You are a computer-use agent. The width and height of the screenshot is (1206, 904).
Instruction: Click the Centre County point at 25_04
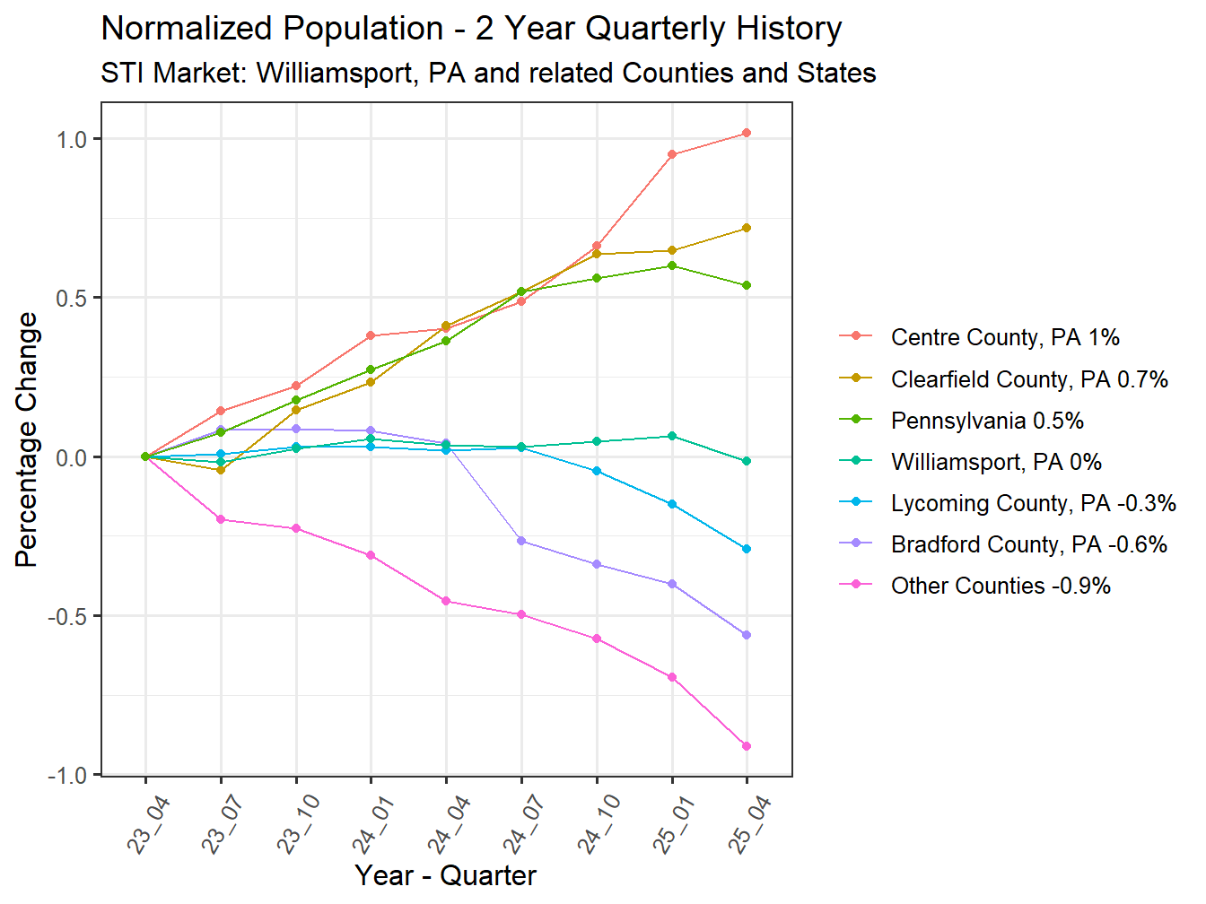pyautogui.click(x=747, y=134)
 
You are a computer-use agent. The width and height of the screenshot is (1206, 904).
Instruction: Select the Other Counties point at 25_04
pyautogui.click(x=747, y=746)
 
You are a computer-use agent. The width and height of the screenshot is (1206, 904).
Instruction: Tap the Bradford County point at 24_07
pyautogui.click(x=521, y=541)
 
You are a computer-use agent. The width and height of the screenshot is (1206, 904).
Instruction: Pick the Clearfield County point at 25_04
pyautogui.click(x=747, y=229)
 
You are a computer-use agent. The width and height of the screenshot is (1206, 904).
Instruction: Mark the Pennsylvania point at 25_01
pyautogui.click(x=672, y=265)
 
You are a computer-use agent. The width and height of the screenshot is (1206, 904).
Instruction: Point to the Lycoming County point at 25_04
pyautogui.click(x=747, y=549)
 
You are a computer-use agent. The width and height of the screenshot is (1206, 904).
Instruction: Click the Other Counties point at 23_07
pyautogui.click(x=221, y=519)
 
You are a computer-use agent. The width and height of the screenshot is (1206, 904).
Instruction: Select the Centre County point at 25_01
pyautogui.click(x=672, y=154)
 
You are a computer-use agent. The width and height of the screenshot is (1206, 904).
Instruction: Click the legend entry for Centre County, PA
pyautogui.click(x=1004, y=337)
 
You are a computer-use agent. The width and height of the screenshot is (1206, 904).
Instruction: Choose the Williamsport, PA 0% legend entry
pyautogui.click(x=995, y=462)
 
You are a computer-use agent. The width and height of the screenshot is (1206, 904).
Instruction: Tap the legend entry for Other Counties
pyautogui.click(x=1000, y=586)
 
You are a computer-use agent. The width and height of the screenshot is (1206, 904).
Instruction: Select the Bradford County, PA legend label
pyautogui.click(x=1028, y=544)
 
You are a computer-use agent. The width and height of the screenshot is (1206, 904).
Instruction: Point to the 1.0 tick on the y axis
pyautogui.click(x=71, y=140)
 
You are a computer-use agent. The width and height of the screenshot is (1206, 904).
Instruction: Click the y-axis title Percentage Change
pyautogui.click(x=27, y=439)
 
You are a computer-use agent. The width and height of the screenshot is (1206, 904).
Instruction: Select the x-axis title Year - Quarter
pyautogui.click(x=445, y=875)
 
